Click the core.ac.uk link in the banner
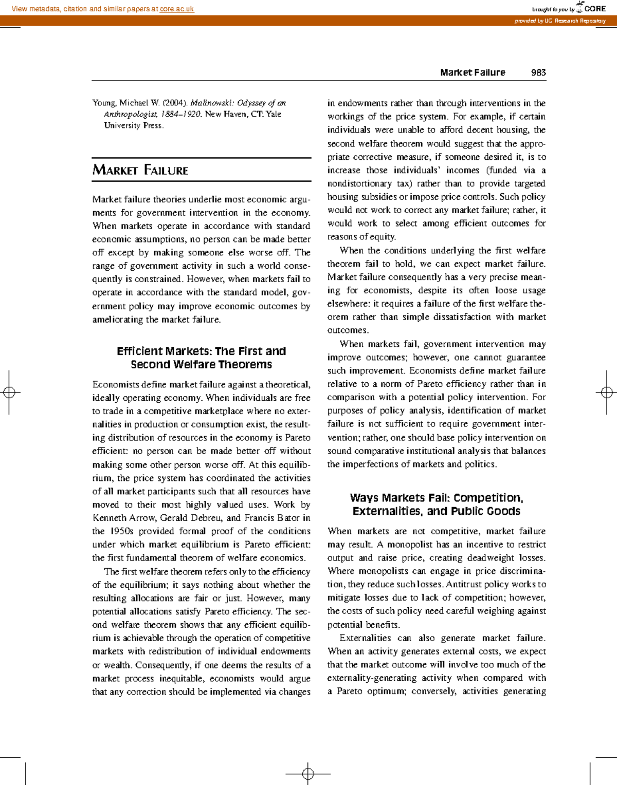coord(177,9)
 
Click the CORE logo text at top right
coord(595,9)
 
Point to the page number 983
coord(538,72)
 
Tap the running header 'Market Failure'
coord(473,72)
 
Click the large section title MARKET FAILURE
coord(140,170)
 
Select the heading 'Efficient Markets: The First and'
coord(201,351)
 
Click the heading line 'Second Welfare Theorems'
coord(201,365)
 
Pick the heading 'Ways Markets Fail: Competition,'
coord(437,498)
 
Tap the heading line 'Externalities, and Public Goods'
coord(437,511)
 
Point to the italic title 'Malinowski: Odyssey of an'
coord(238,103)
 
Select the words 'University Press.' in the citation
coord(134,125)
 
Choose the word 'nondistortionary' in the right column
coord(359,184)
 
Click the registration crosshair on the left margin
coord(9,392)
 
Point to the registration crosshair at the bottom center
coord(308,773)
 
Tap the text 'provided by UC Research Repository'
coord(560,21)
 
